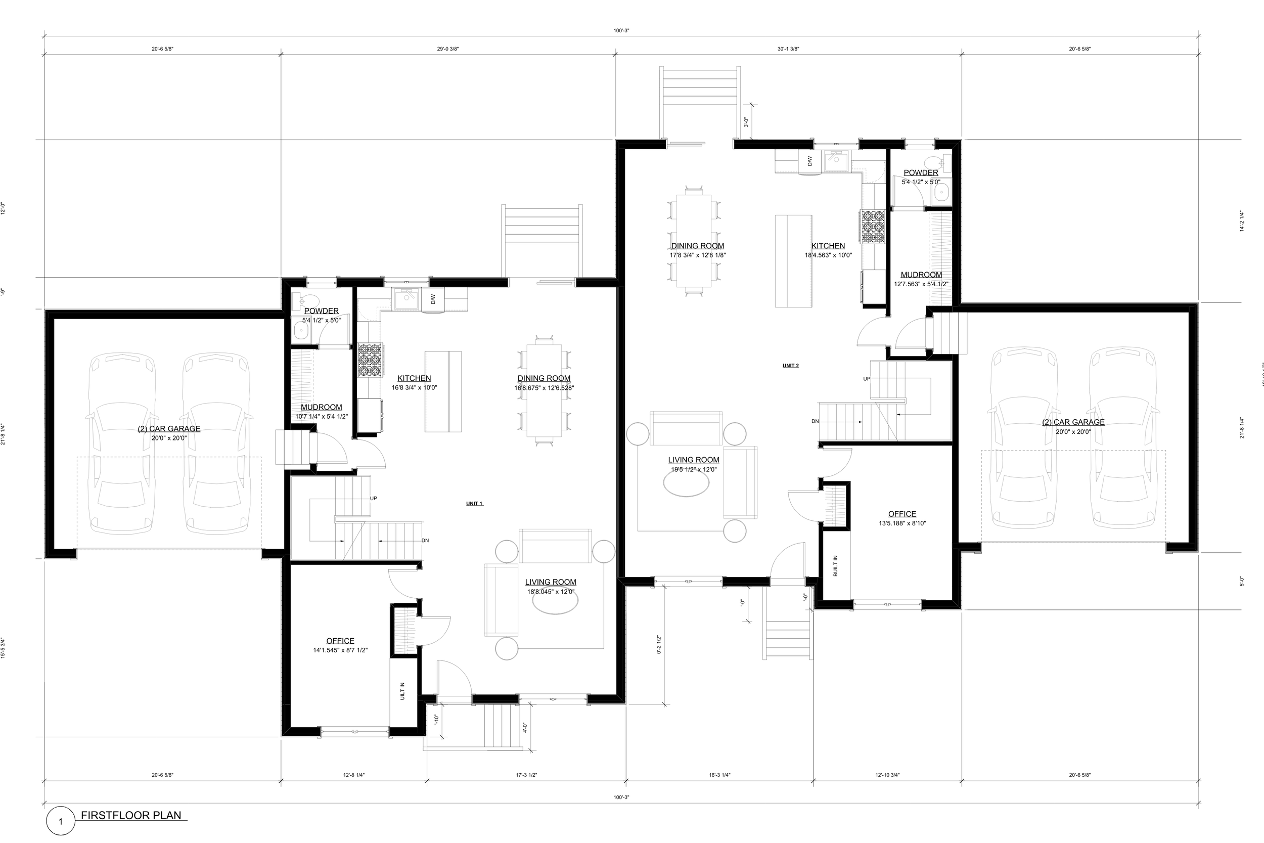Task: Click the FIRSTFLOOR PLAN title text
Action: pyautogui.click(x=131, y=815)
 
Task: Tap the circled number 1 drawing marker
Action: pyautogui.click(x=60, y=821)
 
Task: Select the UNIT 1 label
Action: pyautogui.click(x=474, y=504)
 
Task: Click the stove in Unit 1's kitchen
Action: pyautogui.click(x=370, y=360)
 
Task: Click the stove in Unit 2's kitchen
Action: pyautogui.click(x=873, y=227)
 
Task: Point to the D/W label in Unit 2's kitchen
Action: pyautogui.click(x=809, y=161)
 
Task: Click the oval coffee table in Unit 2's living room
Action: pyautogui.click(x=686, y=483)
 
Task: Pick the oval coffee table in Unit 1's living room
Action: pyautogui.click(x=555, y=601)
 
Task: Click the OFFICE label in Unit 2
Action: pyautogui.click(x=902, y=514)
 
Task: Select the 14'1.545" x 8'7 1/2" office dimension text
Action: pyautogui.click(x=340, y=650)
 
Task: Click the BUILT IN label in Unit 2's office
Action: pyautogui.click(x=836, y=565)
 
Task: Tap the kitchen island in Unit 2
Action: pyautogui.click(x=793, y=261)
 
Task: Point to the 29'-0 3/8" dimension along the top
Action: pyautogui.click(x=447, y=49)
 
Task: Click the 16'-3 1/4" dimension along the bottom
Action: pyautogui.click(x=719, y=775)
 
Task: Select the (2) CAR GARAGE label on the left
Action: pyautogui.click(x=169, y=428)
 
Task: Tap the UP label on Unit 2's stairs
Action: pyautogui.click(x=866, y=379)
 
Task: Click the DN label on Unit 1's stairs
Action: pyautogui.click(x=425, y=540)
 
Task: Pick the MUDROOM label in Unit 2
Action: pyautogui.click(x=921, y=275)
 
